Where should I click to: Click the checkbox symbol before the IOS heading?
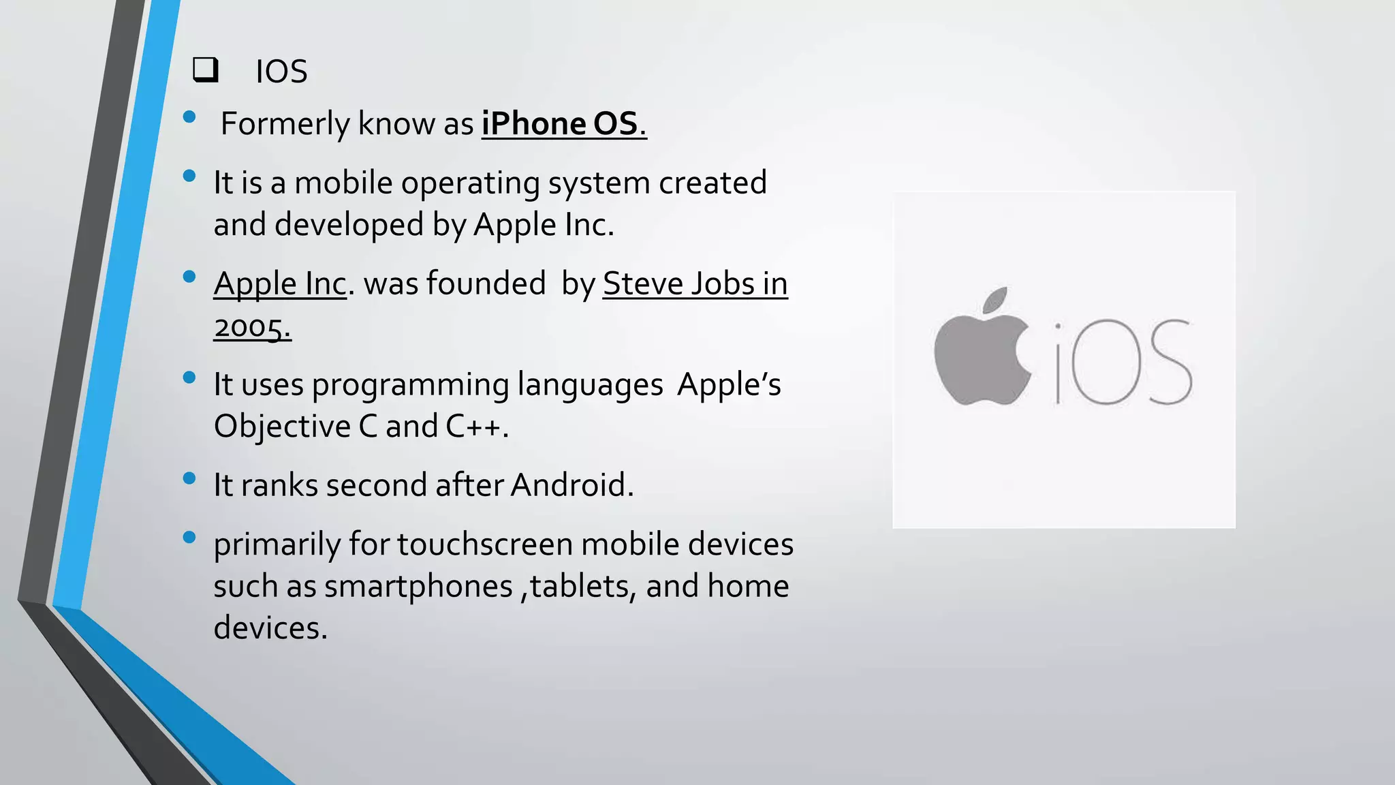[x=205, y=70]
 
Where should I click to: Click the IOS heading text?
[x=281, y=72]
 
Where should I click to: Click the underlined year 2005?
[x=251, y=327]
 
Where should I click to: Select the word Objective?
[x=281, y=427]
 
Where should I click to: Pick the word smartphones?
[x=418, y=586]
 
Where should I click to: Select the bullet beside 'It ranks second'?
[x=190, y=478]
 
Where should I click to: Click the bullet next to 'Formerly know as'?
[x=190, y=117]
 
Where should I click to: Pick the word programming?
[x=410, y=385]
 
